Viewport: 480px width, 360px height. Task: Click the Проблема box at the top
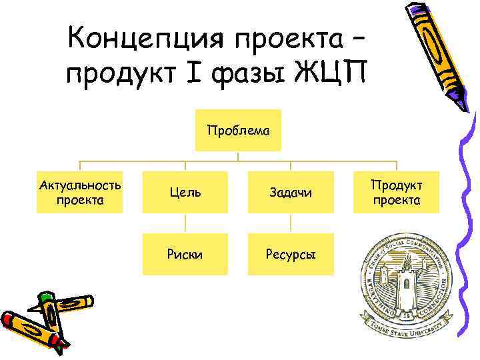239,131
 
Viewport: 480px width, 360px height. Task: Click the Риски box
186,255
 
